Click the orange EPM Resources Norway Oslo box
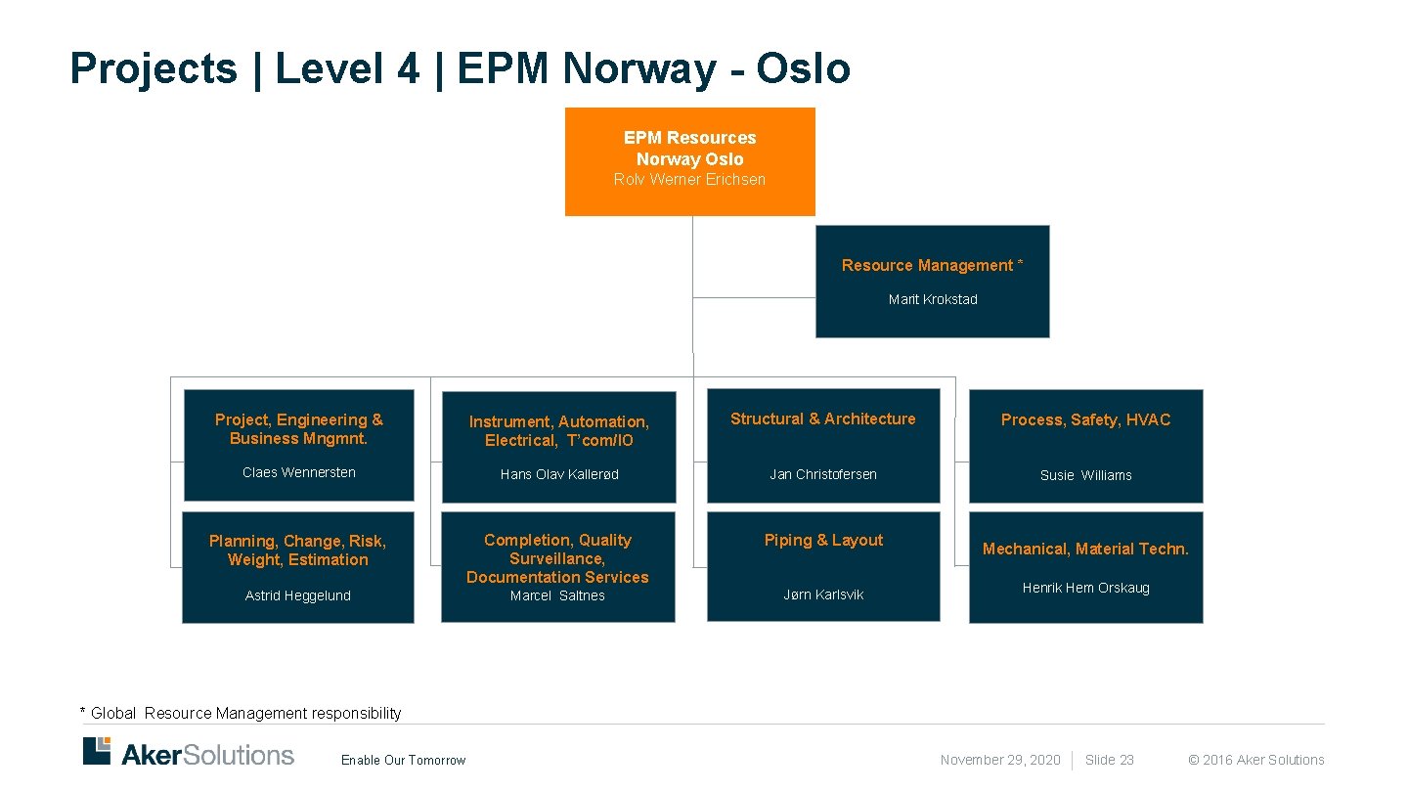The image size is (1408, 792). click(x=689, y=161)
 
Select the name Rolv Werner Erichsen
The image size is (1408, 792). click(x=689, y=179)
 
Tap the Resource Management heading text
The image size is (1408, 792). click(x=932, y=265)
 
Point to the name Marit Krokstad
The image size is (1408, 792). click(x=933, y=299)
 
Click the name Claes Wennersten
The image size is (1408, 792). click(x=298, y=472)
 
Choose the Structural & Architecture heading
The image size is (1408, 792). click(x=822, y=418)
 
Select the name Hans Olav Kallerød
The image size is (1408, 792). click(x=558, y=474)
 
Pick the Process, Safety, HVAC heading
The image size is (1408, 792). click(x=1085, y=419)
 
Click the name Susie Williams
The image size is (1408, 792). click(x=1085, y=475)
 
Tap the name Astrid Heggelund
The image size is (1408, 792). click(x=297, y=595)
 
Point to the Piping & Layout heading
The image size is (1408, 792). click(x=823, y=540)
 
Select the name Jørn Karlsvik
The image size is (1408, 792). click(x=823, y=594)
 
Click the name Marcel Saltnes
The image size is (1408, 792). click(x=557, y=595)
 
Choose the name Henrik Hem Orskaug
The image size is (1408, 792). click(x=1085, y=588)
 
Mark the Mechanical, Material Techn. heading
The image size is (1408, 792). click(x=1085, y=549)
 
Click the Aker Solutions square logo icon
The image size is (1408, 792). click(x=97, y=751)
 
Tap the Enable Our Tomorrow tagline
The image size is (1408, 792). click(x=403, y=761)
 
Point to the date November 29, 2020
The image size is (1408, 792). click(x=999, y=760)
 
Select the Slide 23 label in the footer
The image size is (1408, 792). click(x=1109, y=760)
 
